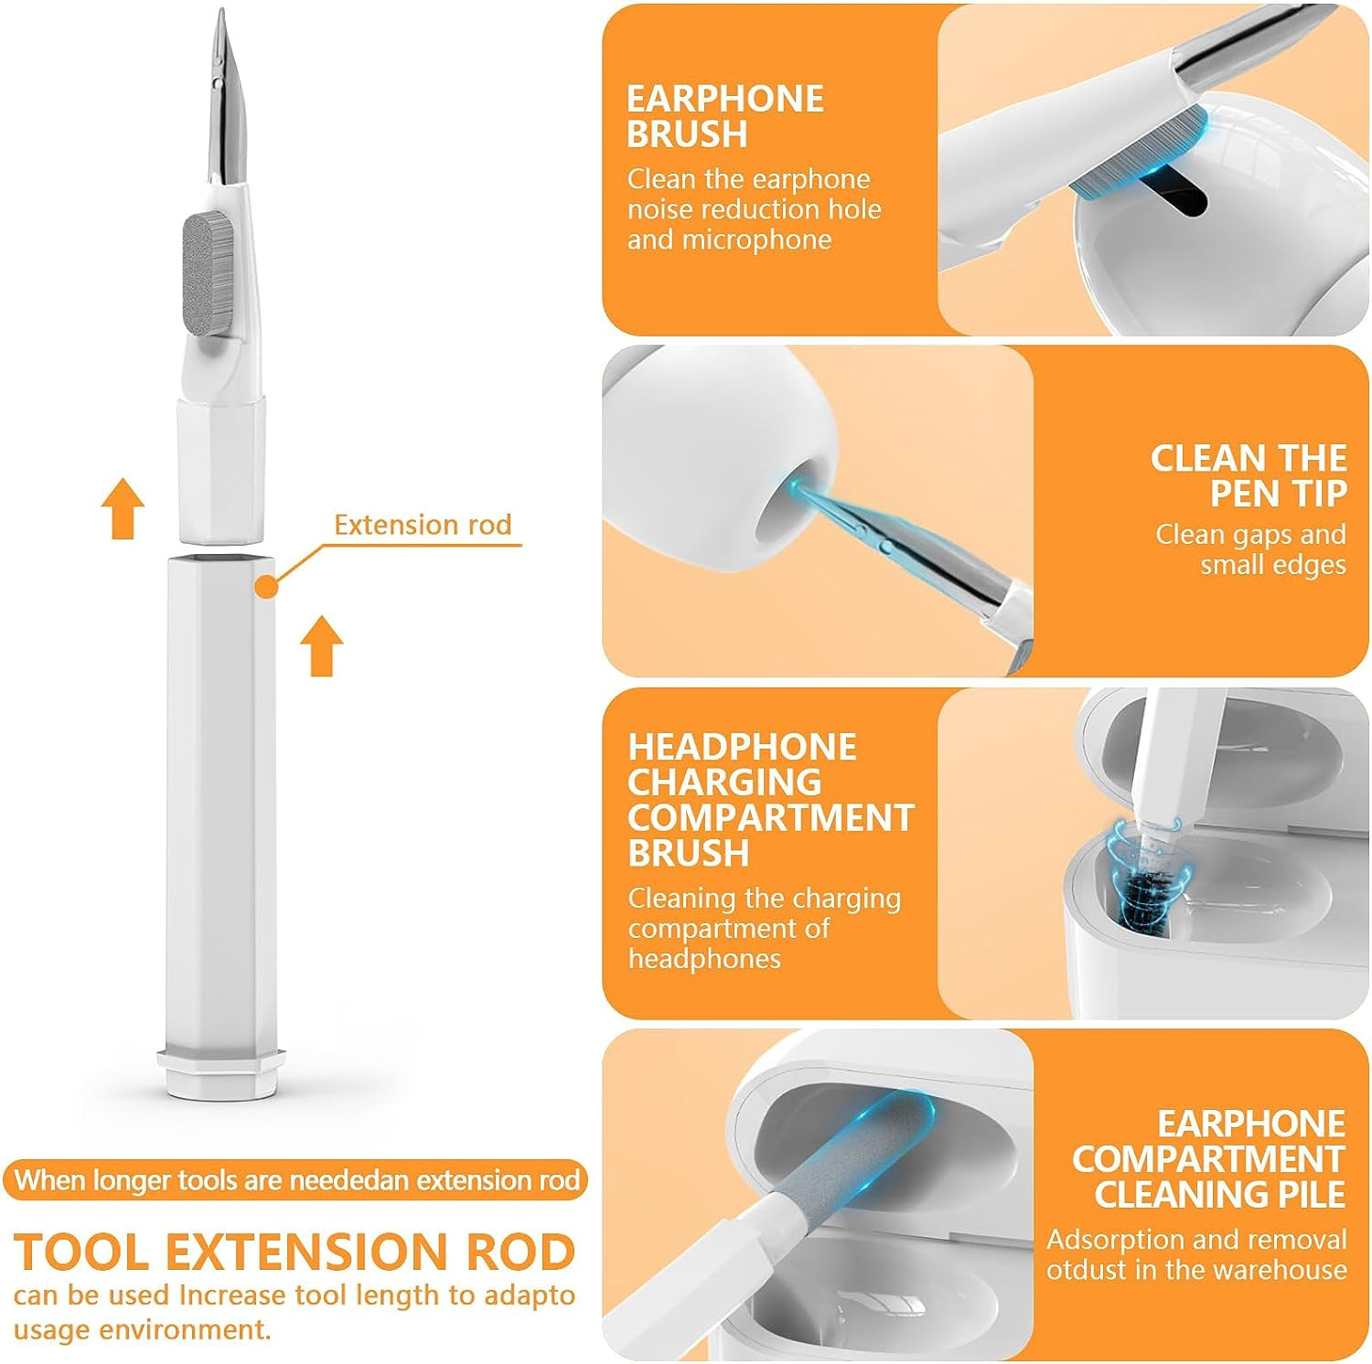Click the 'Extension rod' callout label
click(x=422, y=525)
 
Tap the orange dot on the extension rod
click(x=265, y=586)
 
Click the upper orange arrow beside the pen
click(x=123, y=510)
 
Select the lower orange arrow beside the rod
click(x=322, y=645)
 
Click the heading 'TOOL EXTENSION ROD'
click(x=295, y=1252)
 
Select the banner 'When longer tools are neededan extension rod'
click(x=296, y=1180)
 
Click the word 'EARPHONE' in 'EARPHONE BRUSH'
click(x=724, y=99)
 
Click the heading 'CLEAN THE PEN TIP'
click(x=1248, y=475)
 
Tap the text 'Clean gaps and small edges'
click(x=1250, y=549)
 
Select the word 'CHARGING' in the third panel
click(x=724, y=783)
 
